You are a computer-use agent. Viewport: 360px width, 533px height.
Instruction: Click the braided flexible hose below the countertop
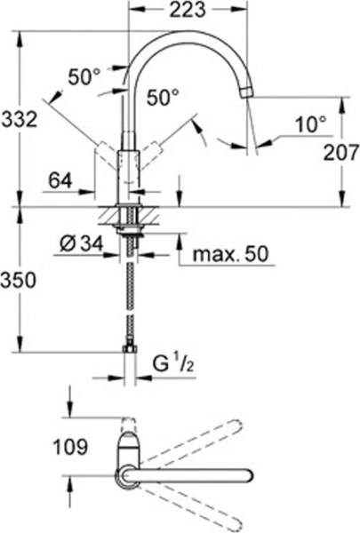[x=131, y=293]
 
